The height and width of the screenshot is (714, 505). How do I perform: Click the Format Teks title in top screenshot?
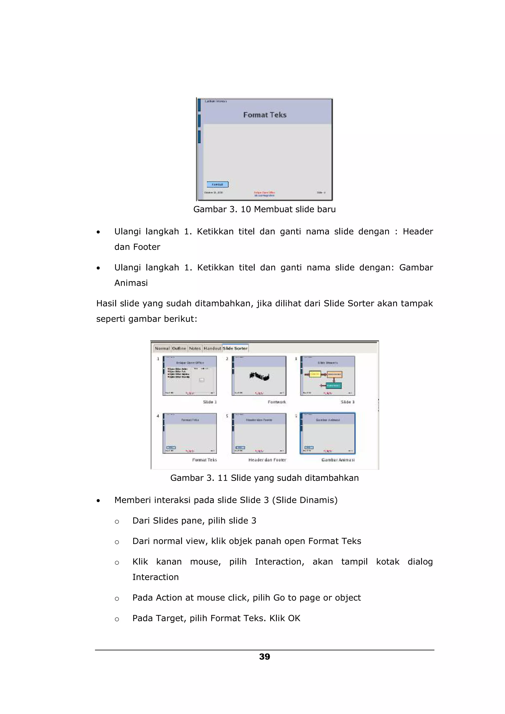coord(265,115)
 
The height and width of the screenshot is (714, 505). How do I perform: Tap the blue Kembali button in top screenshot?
coord(217,184)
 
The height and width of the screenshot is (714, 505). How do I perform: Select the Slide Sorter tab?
coord(235,348)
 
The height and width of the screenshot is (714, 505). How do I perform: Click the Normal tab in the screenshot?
coord(162,348)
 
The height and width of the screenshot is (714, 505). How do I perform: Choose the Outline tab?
coord(179,348)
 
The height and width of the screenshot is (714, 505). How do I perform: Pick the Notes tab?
coord(195,348)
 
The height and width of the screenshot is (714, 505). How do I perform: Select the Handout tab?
coord(212,348)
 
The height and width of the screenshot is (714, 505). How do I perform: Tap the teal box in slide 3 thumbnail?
coord(334,386)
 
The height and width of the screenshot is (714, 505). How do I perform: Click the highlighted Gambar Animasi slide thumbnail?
coord(327,433)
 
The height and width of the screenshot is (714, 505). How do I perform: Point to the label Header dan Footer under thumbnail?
coord(267,460)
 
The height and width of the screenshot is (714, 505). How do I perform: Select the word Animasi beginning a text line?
coord(131,283)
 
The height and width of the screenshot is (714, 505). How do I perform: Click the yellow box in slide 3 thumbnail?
coord(315,374)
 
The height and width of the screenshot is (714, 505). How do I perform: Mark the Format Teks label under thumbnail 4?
coord(204,460)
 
